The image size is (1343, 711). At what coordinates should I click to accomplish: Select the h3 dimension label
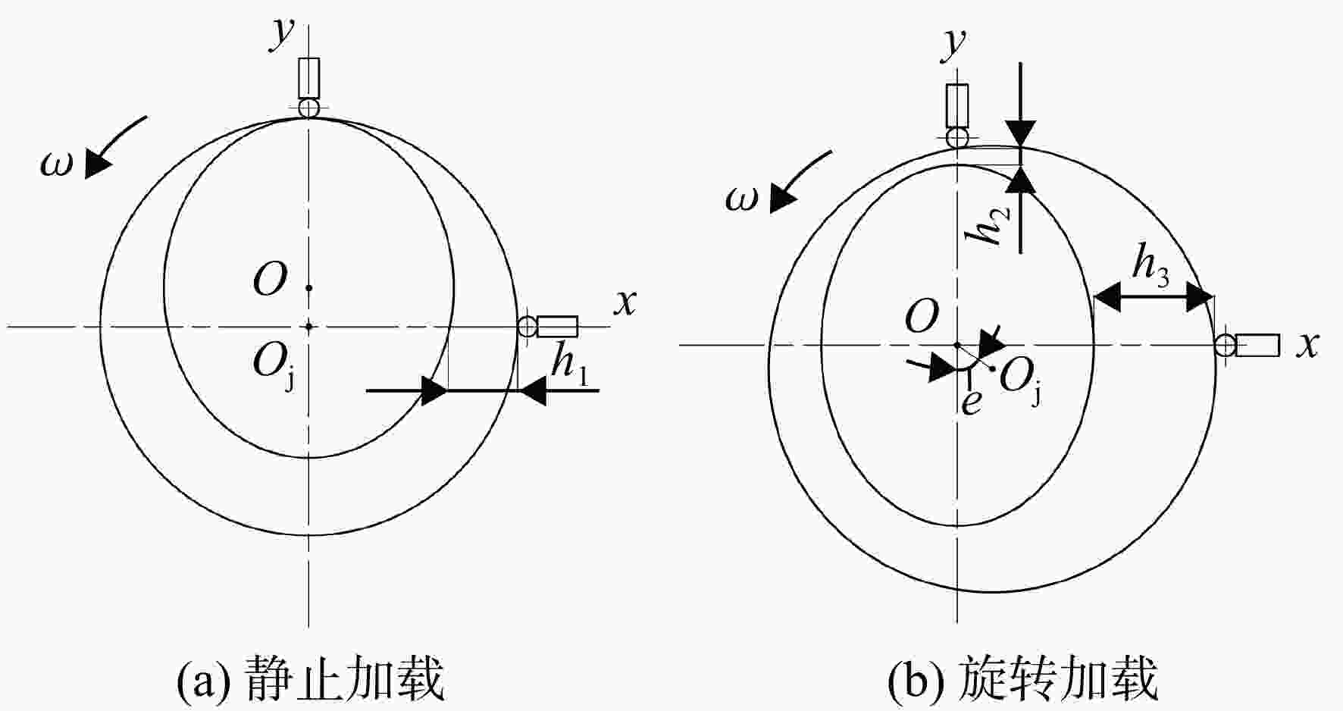1150,265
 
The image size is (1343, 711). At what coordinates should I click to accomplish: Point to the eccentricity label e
971,402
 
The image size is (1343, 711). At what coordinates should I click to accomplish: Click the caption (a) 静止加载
310,678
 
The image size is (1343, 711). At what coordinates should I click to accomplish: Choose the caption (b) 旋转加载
1023,678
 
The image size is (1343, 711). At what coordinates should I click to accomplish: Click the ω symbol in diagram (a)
57,164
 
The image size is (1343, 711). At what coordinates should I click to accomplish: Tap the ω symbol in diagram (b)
741,199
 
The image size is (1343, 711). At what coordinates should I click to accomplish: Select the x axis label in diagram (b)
1307,346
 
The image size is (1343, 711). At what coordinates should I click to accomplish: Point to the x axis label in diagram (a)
625,302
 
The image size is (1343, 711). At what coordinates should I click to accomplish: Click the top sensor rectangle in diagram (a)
309,77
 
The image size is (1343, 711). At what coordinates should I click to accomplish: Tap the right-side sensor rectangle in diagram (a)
557,327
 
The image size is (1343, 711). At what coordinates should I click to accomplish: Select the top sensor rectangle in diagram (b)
958,105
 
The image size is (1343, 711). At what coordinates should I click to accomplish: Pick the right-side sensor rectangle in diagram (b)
1258,345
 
